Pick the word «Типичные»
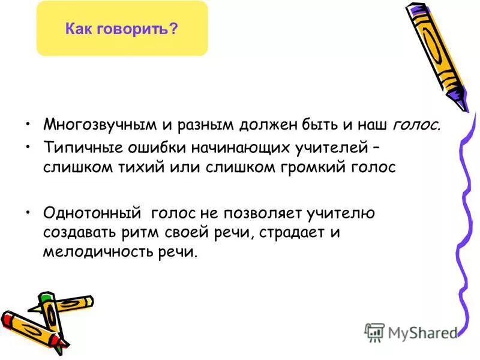(76, 148)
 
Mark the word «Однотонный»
(91, 212)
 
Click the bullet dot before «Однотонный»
(28, 212)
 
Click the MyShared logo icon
(374, 332)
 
